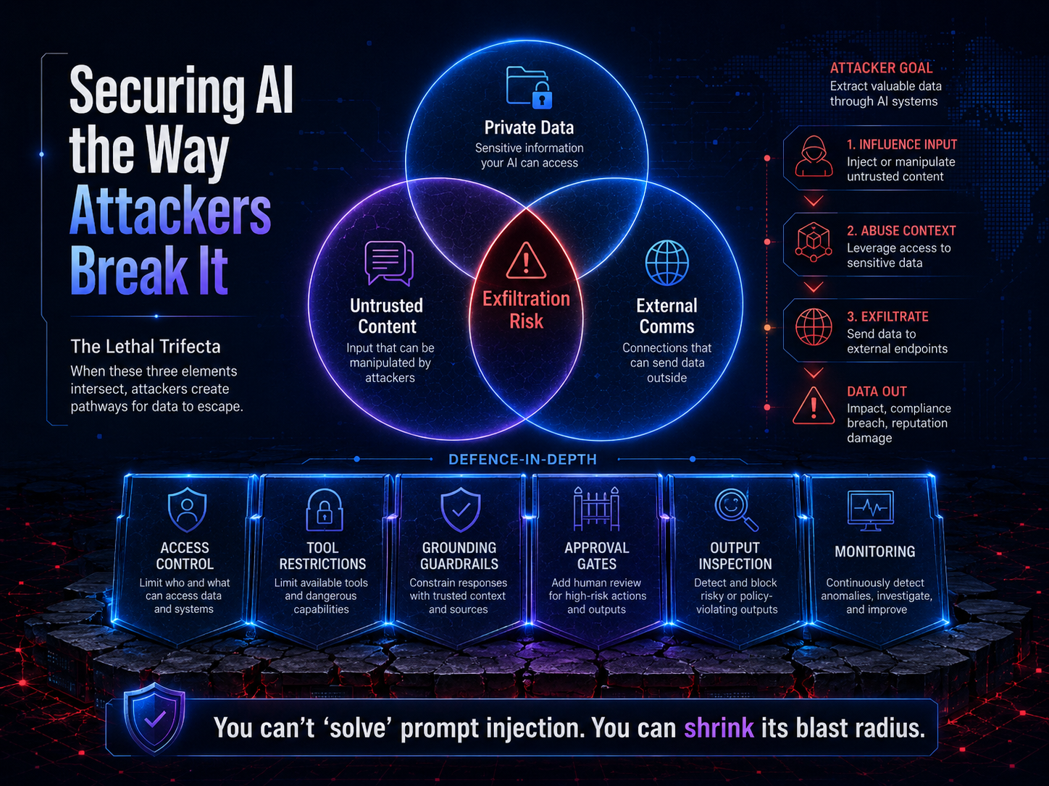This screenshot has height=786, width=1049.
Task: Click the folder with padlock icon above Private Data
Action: click(x=530, y=87)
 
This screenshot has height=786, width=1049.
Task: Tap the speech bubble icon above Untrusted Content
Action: click(x=389, y=263)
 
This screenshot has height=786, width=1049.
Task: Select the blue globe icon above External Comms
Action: click(x=666, y=263)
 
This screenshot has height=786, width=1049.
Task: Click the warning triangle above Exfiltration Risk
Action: click(x=526, y=261)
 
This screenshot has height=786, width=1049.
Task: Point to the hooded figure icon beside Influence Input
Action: click(x=814, y=156)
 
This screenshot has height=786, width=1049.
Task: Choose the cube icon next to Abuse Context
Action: click(x=813, y=242)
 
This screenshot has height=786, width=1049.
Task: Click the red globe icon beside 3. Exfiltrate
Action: click(x=814, y=327)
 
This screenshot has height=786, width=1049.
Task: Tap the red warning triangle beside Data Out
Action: click(x=814, y=405)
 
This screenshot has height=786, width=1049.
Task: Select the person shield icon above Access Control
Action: click(x=187, y=510)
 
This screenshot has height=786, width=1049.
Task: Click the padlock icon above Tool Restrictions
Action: click(x=325, y=510)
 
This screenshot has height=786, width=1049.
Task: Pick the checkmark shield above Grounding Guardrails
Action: click(x=460, y=510)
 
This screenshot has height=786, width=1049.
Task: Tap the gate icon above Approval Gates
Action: click(x=596, y=509)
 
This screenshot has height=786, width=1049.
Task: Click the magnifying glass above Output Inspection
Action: click(x=736, y=510)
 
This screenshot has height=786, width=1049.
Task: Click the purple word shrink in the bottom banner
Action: click(x=719, y=728)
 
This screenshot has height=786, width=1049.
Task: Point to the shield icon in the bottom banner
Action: click(x=154, y=718)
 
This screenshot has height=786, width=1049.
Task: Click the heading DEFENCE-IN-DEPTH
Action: click(x=523, y=460)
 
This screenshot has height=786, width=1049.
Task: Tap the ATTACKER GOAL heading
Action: click(x=881, y=68)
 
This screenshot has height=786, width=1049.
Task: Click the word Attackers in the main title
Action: click(x=170, y=211)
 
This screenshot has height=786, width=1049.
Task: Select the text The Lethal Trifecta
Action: click(x=146, y=347)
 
